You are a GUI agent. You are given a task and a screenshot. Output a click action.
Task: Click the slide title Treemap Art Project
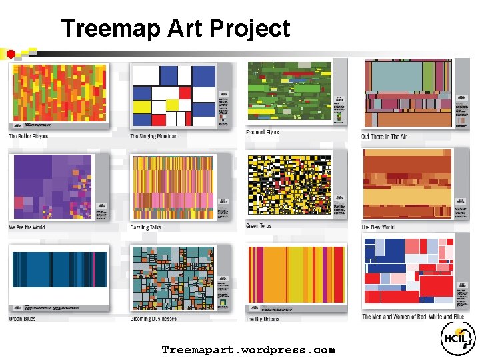175,29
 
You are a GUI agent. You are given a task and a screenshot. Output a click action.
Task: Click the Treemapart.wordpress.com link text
248,350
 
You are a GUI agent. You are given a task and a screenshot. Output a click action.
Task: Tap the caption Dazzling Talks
145,227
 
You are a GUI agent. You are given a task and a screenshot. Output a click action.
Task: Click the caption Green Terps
259,227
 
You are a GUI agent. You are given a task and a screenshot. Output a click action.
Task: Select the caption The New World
378,227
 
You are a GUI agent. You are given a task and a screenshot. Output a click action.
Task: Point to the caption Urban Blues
22,318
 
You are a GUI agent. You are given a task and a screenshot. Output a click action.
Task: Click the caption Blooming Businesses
153,319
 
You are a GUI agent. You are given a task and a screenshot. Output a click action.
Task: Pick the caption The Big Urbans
262,319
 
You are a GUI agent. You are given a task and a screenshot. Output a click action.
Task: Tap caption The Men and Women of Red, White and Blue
413,317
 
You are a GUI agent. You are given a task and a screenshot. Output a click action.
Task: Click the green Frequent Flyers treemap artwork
289,91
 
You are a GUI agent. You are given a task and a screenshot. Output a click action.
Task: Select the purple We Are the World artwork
51,187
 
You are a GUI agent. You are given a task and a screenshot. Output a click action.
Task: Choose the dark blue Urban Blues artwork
58,269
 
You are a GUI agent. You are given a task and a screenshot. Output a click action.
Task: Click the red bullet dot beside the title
11,53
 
